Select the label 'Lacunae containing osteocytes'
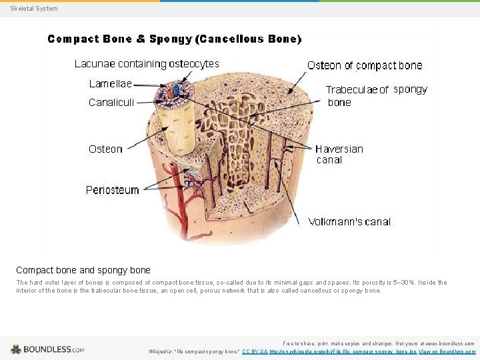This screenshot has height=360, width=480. [147, 64]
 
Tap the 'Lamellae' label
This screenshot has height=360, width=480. [111, 84]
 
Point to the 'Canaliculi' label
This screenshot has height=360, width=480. [111, 103]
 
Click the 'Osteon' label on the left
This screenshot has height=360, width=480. [105, 149]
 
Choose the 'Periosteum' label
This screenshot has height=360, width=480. [113, 190]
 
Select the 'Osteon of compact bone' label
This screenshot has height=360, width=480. [365, 65]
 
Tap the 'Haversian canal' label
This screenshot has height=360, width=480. [339, 154]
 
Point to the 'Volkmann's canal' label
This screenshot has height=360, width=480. [349, 222]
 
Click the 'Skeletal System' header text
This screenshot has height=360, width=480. [34, 9]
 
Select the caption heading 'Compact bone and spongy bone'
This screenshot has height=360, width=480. [83, 270]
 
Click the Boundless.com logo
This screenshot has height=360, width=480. [47, 349]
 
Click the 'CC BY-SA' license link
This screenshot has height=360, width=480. [255, 351]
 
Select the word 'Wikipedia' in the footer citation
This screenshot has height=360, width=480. [161, 351]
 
